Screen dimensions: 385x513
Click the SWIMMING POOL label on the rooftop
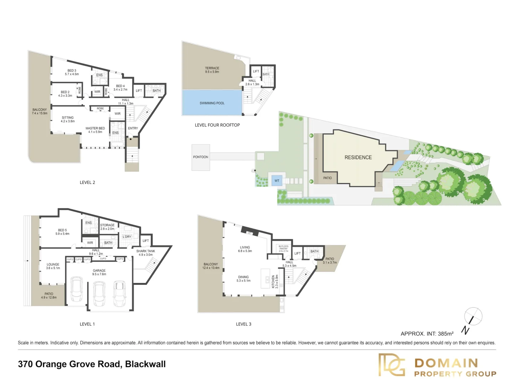212,103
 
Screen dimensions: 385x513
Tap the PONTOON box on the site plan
201,157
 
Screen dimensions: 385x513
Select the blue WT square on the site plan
277,181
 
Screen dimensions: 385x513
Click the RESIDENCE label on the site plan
358,157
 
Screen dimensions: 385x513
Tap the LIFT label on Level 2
139,91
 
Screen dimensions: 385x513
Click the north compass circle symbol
473,316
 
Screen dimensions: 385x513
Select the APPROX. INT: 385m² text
427,334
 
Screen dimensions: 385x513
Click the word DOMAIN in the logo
446,363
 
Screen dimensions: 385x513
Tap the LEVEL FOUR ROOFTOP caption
217,125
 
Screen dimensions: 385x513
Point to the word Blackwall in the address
145,364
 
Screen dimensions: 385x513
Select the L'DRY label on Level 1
127,237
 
